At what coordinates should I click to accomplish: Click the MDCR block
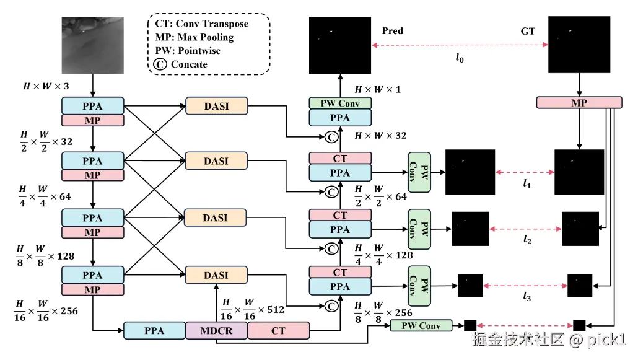pos(216,331)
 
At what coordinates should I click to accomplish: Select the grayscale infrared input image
pos(92,45)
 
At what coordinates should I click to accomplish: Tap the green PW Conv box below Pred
pos(340,103)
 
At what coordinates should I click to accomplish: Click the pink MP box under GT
pos(579,103)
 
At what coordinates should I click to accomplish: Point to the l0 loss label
pos(459,59)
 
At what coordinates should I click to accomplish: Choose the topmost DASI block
pos(216,106)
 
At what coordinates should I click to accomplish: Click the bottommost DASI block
pos(216,274)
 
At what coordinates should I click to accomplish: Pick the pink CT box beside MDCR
pos(278,331)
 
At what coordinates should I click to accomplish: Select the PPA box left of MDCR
pos(154,331)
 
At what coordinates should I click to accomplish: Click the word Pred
pos(393,30)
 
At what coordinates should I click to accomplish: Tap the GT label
pos(528,30)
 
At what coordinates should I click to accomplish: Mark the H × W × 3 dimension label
pos(46,86)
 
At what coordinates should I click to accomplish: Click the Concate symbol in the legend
pos(159,64)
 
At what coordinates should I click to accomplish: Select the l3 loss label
pos(527,297)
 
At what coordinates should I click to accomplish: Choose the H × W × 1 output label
pos(377,90)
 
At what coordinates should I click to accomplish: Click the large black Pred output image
pos(340,45)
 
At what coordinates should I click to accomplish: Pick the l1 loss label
pos(527,183)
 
